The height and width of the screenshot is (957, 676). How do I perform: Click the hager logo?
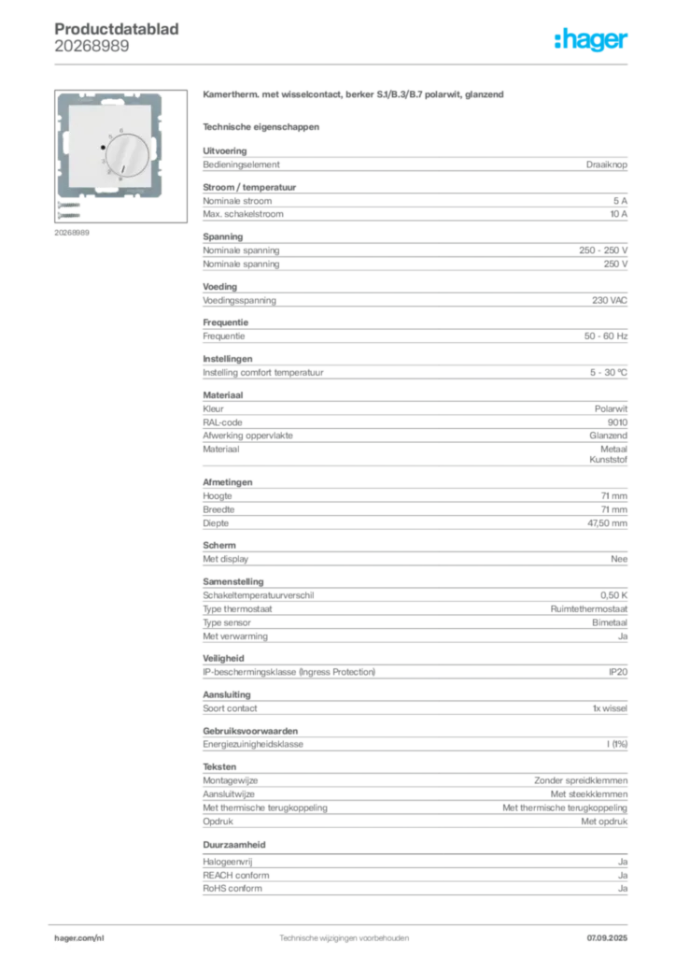tap(590, 40)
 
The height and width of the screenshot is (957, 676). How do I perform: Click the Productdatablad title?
tap(117, 29)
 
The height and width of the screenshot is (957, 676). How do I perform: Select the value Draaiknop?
tap(607, 164)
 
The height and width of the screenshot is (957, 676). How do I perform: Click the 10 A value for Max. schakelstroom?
tap(619, 214)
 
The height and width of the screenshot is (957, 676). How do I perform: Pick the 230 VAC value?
tap(610, 300)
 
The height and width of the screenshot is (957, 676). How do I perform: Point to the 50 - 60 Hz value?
tap(606, 336)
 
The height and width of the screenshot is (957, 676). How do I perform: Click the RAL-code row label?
tap(222, 422)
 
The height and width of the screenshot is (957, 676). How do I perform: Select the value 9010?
tap(617, 422)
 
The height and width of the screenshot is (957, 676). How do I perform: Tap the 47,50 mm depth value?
tap(607, 523)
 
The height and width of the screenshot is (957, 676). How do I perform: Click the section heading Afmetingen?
tap(228, 482)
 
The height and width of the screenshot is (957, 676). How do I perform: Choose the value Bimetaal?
tap(610, 622)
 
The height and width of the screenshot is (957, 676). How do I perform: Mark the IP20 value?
tap(618, 672)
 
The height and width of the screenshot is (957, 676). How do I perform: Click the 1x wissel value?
tap(610, 708)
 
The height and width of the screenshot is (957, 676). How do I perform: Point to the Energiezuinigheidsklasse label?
tap(253, 745)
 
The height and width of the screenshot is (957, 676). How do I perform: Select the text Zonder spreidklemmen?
tap(581, 780)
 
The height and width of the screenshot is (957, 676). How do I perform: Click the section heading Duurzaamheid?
tap(234, 845)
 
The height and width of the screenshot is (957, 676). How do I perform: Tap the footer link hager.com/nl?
tap(79, 938)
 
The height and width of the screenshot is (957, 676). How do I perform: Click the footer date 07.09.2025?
tap(607, 938)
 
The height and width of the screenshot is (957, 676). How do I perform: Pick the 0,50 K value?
tap(613, 595)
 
